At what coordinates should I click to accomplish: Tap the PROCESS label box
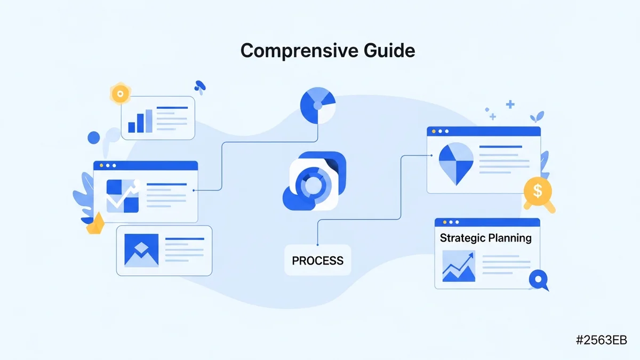317,261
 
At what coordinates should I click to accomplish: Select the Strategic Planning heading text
485,238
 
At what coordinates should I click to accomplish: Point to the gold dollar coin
538,190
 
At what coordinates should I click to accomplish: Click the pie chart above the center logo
318,104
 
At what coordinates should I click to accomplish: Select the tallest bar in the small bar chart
149,121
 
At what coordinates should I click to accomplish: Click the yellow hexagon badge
120,93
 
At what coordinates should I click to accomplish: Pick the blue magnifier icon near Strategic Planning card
538,279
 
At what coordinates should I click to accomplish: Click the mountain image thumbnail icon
141,250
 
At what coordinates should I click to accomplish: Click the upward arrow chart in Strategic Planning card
459,267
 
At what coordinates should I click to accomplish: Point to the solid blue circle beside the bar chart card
94,138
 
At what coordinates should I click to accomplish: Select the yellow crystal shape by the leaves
95,225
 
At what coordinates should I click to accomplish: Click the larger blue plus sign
510,105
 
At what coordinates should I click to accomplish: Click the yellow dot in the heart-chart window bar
434,131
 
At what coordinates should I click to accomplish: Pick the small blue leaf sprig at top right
537,117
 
